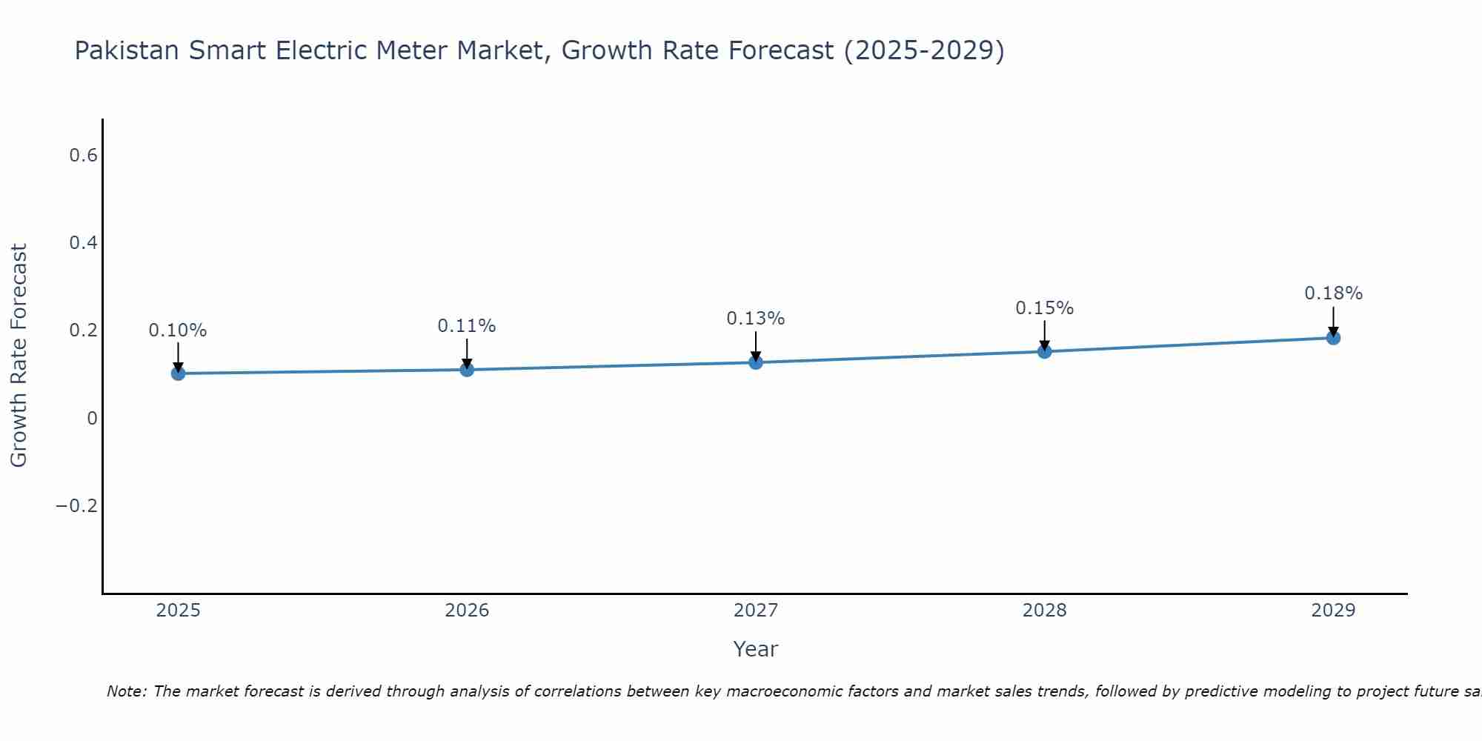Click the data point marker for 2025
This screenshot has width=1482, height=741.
178,373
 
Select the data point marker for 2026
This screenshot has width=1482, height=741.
467,369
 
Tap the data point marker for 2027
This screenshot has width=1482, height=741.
756,362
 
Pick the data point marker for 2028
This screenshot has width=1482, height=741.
1044,351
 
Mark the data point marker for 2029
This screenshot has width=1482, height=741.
1333,338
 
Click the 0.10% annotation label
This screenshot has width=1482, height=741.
178,330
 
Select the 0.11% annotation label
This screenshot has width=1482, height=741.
467,326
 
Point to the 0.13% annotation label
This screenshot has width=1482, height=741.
756,319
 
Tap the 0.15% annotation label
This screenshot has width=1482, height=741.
1044,308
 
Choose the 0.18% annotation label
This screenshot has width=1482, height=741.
1333,293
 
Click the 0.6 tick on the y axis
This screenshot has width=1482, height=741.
83,156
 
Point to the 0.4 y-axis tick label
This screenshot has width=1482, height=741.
83,243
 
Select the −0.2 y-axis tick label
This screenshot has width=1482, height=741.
77,506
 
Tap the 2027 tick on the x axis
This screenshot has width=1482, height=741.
756,611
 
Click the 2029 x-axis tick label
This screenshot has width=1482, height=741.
1333,611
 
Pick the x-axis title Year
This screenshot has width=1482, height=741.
755,650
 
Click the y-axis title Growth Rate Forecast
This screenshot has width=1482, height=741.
19,356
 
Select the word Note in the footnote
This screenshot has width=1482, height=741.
124,691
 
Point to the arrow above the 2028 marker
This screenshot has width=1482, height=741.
1044,335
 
